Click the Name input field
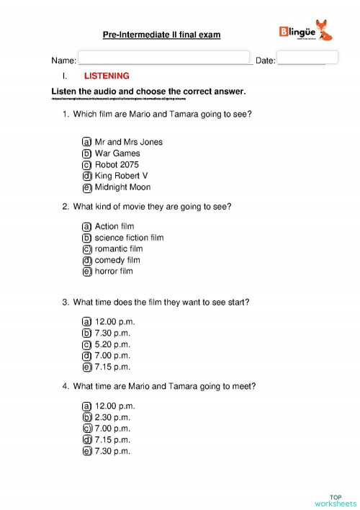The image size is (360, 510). (163, 58)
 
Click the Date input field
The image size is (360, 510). (307, 57)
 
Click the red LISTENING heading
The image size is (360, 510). (107, 76)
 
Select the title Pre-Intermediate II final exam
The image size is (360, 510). (161, 34)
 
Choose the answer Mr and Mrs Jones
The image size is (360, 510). (128, 142)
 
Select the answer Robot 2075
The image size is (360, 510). (118, 164)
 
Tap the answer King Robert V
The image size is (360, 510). (120, 176)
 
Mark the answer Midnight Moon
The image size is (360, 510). (122, 187)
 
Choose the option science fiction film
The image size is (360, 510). (129, 238)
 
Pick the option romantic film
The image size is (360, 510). (118, 249)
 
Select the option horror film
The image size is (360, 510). (114, 272)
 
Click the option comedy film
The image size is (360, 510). (117, 260)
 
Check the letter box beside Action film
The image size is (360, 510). (87, 226)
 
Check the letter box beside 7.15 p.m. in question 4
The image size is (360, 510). (87, 440)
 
